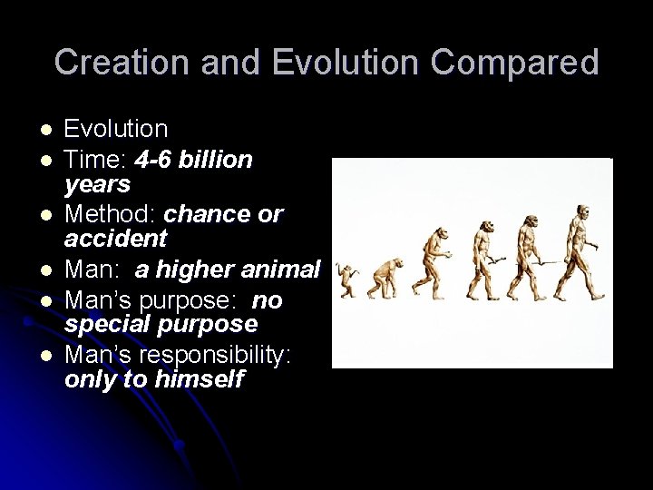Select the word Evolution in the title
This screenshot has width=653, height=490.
click(x=305, y=63)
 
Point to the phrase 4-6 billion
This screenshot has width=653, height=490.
click(x=193, y=161)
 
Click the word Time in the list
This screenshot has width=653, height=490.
click(x=94, y=161)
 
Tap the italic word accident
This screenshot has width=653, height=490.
click(x=115, y=239)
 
